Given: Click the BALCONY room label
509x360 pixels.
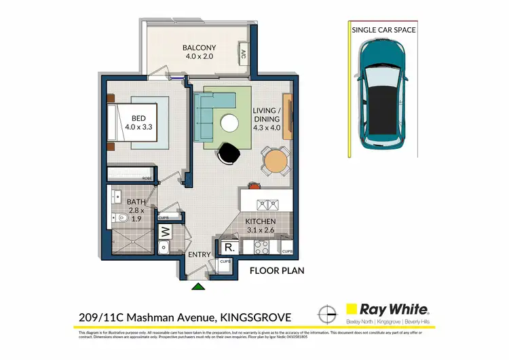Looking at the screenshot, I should [x=199, y=52].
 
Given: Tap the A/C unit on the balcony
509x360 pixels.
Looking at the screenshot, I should [x=243, y=54].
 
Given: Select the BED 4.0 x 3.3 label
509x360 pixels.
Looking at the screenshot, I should [x=140, y=121].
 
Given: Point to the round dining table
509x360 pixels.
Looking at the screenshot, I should [x=276, y=162].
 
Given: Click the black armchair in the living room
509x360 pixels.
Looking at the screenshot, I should [x=229, y=154].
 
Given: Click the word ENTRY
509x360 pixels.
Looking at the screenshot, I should [x=200, y=255].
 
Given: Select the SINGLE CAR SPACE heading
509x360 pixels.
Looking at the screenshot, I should [x=383, y=30].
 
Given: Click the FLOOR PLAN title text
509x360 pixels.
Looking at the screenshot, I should [x=277, y=270].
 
